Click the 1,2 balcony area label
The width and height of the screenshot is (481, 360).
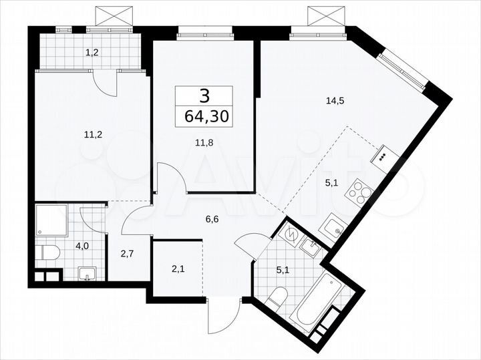91,51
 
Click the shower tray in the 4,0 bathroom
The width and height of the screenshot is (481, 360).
51,221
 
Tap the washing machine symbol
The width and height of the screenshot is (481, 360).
291,234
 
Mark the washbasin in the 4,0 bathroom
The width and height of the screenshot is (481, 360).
87,273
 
